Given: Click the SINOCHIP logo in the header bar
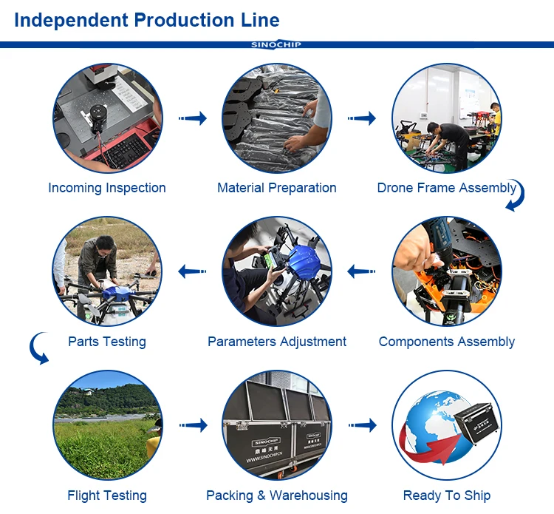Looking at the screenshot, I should tap(276, 44).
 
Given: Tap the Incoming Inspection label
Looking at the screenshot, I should tap(107, 188).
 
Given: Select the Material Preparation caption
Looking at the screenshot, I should tap(277, 188).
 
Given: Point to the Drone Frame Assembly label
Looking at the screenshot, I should tap(446, 188).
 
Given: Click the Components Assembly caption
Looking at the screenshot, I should tap(447, 342).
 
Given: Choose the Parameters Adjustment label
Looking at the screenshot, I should tap(277, 342).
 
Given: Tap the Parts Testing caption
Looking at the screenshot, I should tap(107, 342).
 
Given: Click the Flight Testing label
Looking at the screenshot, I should tap(107, 496).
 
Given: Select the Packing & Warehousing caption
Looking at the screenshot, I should tap(277, 496).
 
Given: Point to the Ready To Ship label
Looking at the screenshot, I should tap(447, 496).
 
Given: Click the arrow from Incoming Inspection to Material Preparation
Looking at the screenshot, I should tap(192, 118).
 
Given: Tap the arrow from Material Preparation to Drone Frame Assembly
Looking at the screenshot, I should tap(362, 118).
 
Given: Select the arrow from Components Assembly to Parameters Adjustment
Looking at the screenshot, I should tap(362, 271).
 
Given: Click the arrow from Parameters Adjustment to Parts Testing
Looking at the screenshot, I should tap(192, 271).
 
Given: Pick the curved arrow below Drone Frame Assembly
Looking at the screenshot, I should tap(516, 197).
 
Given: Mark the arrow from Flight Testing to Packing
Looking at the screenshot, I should tap(192, 425).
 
